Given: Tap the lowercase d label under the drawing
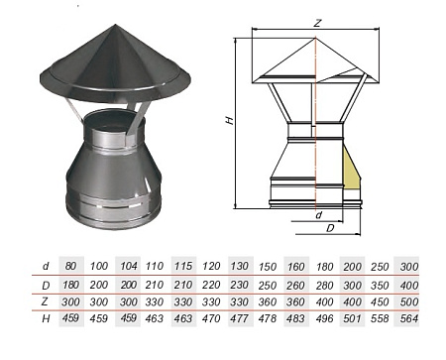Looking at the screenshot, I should coord(319,213).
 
